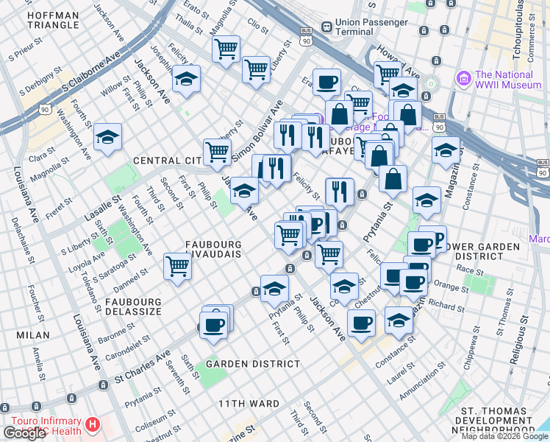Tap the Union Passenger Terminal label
point(371,27)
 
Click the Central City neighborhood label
point(168,161)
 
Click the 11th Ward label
point(249,404)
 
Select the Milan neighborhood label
point(33,335)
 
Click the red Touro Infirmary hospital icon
point(93,424)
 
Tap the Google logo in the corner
point(24,433)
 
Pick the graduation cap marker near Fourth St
point(108,137)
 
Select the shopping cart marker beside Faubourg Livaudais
point(177,266)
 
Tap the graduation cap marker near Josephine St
point(187,79)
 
